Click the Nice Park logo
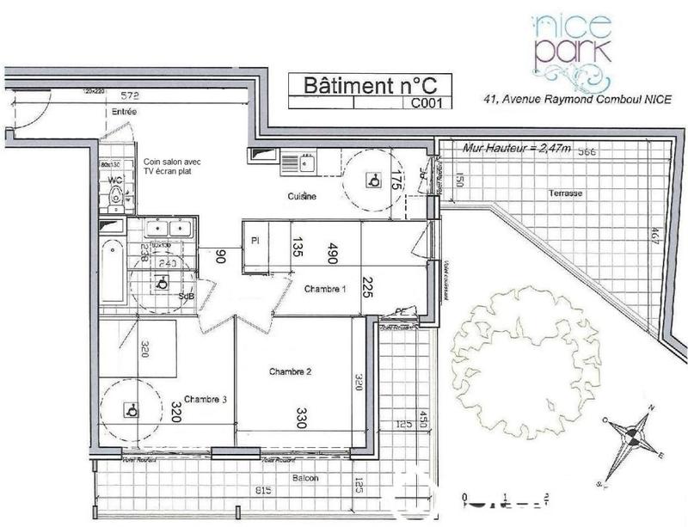571,51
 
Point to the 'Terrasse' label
566,193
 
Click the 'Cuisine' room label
302,197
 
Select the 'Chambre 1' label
325,289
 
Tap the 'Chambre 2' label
290,371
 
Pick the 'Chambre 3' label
205,399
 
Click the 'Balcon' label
304,478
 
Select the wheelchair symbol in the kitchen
374,181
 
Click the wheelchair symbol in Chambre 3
131,410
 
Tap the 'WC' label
112,181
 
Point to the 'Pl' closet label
255,241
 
